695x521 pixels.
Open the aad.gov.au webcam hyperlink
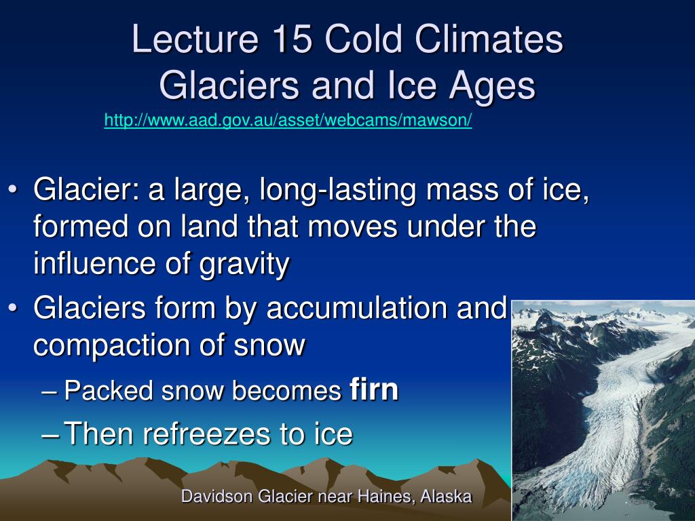[288, 120]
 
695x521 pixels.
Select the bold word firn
[374, 389]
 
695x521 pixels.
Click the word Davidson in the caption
[217, 496]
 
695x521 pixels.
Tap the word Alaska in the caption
[446, 496]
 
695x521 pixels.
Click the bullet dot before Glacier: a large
[13, 190]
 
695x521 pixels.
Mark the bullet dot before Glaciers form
[13, 307]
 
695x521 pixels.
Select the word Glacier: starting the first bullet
[86, 190]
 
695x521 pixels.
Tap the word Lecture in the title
[195, 39]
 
